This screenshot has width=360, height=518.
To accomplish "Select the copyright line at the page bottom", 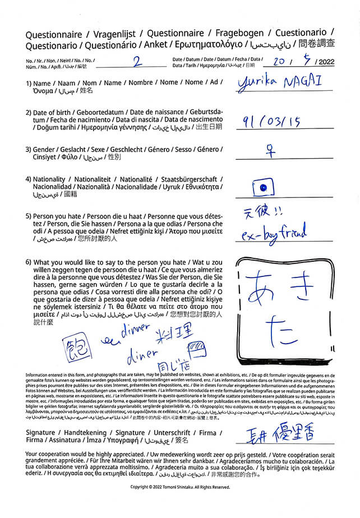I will (x=180, y=487).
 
